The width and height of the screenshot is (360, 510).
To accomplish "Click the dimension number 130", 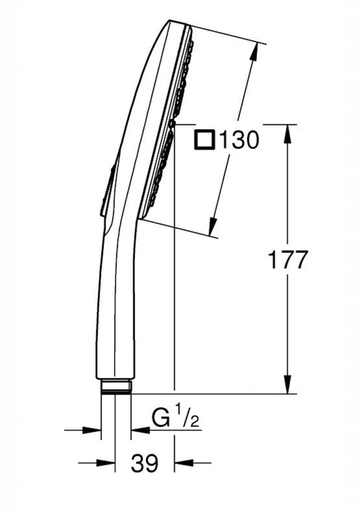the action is pos(240,140).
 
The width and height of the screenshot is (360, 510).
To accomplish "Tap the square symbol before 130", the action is pos(204,140).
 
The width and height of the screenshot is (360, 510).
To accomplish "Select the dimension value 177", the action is pos(287,259).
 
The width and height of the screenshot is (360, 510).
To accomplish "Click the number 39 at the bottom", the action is pos(145,463).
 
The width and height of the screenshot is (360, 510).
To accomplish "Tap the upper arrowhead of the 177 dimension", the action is pos(287,133).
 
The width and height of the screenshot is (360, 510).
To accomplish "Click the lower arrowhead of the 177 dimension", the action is pos(287,384).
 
